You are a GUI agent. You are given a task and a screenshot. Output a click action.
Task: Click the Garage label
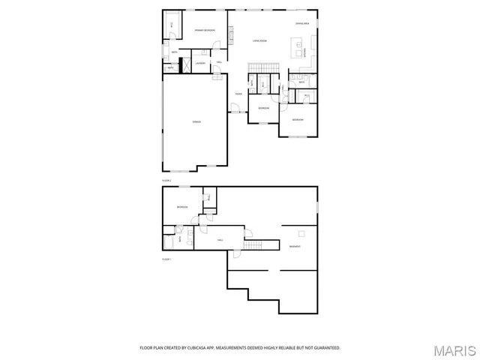point(196,121)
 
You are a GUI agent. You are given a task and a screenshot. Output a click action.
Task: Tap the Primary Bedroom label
point(205,30)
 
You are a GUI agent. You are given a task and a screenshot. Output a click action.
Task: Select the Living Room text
point(260,40)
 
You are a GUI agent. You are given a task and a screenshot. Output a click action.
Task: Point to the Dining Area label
point(302,24)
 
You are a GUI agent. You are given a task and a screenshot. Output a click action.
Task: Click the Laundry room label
point(200,64)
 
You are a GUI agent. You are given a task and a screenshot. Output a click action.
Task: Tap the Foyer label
point(237,94)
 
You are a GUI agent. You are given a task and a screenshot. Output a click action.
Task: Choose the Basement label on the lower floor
point(295,247)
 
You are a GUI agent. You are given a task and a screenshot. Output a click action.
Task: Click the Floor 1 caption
point(166,259)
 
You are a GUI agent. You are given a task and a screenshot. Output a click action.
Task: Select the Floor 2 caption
point(166,181)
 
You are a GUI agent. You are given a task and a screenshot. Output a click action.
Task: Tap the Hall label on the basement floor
point(220,240)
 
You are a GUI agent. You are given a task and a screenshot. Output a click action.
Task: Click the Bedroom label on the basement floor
point(182,207)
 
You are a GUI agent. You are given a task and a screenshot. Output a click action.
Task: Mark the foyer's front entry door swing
point(235,110)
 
